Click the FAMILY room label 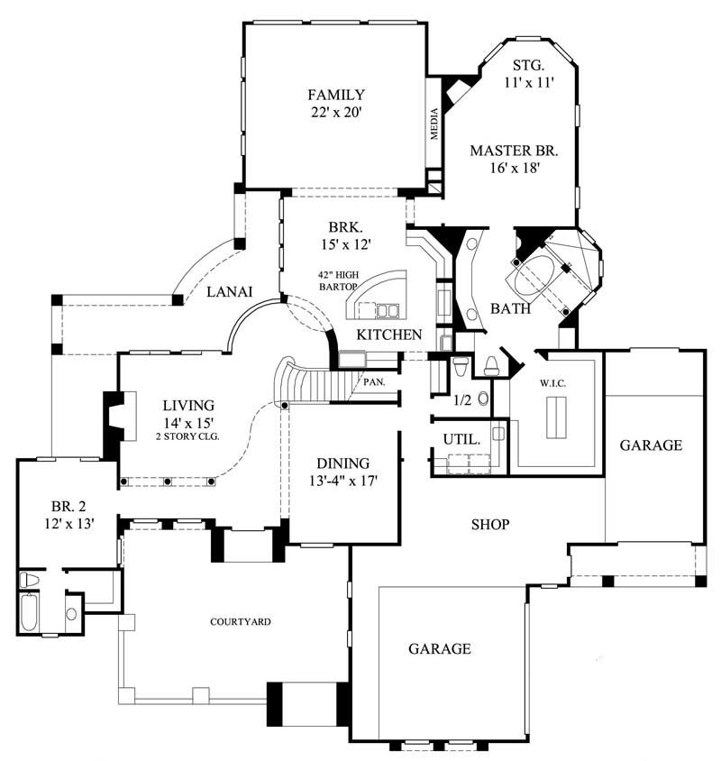335,95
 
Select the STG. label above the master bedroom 527,65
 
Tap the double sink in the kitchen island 388,312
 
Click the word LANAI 228,290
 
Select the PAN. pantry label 376,380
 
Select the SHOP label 489,524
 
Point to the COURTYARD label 241,621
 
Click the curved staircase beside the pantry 311,383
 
